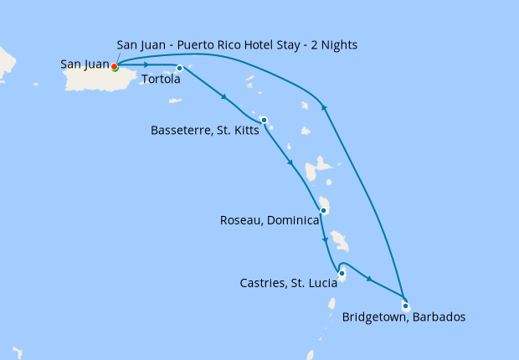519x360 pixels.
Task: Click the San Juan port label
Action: [x=85, y=64]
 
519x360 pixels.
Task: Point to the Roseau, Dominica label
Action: [x=269, y=221]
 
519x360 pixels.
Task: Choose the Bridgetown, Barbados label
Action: [x=403, y=317]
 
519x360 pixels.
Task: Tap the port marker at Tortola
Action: [x=180, y=68]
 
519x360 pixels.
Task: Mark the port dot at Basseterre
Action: [x=264, y=120]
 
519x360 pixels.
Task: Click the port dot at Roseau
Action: [x=323, y=210]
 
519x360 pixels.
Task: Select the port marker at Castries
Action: [x=342, y=273]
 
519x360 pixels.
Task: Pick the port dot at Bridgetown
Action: [x=405, y=306]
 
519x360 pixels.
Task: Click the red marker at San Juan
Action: [x=115, y=67]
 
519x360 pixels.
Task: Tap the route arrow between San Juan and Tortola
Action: [x=146, y=64]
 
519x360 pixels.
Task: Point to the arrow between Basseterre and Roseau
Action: [x=290, y=163]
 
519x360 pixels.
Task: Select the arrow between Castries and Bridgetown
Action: [x=369, y=279]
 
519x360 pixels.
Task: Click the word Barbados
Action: [x=438, y=317]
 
